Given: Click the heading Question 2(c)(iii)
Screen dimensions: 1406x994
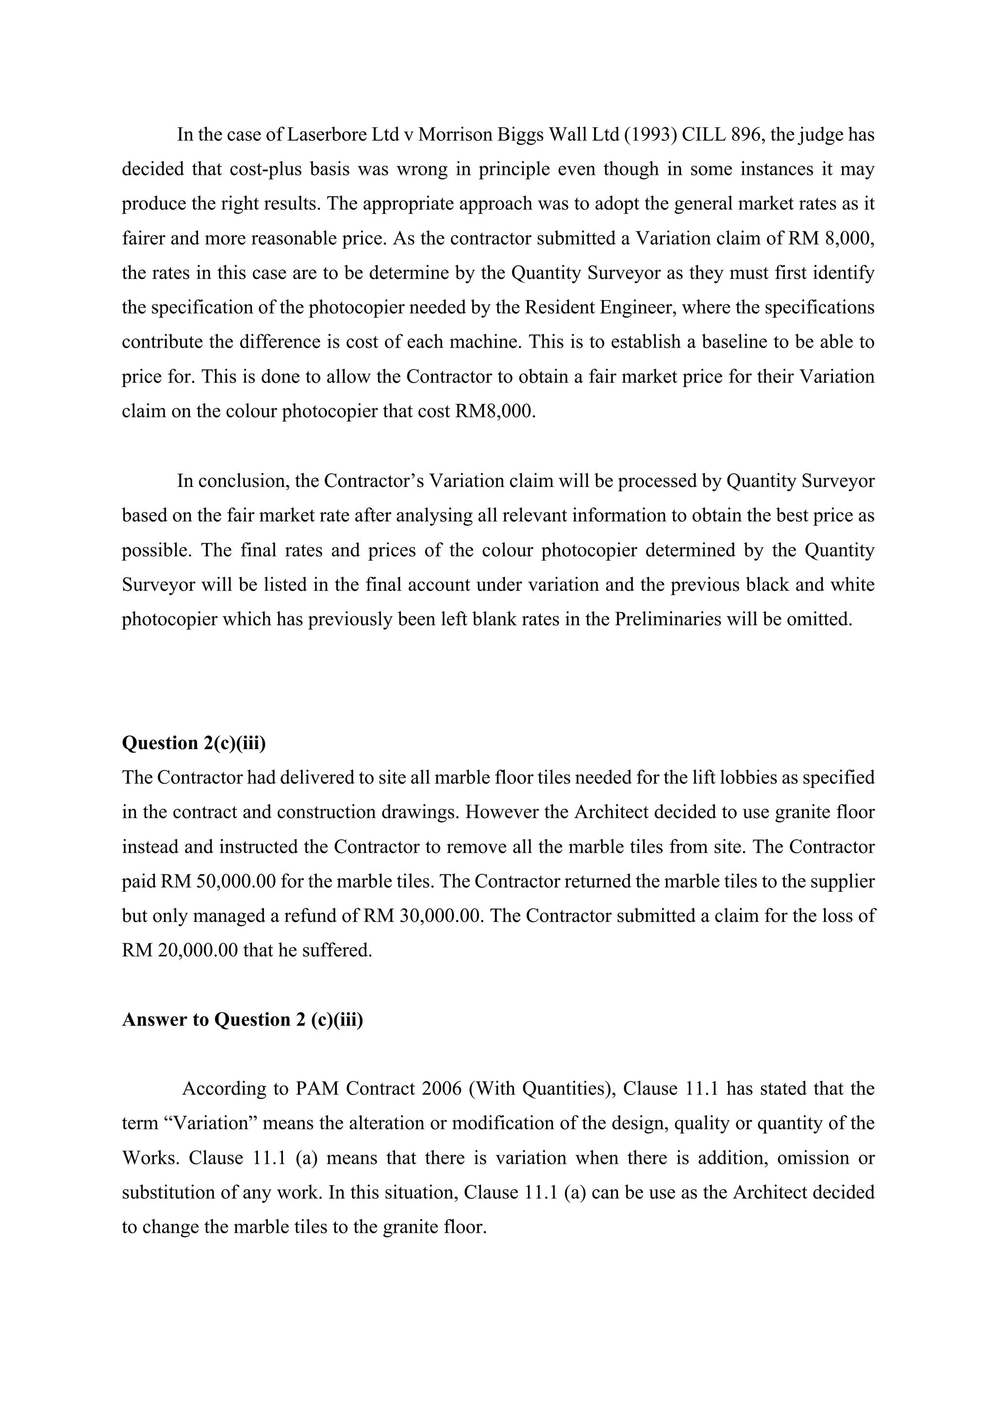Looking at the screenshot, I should point(194,743).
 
